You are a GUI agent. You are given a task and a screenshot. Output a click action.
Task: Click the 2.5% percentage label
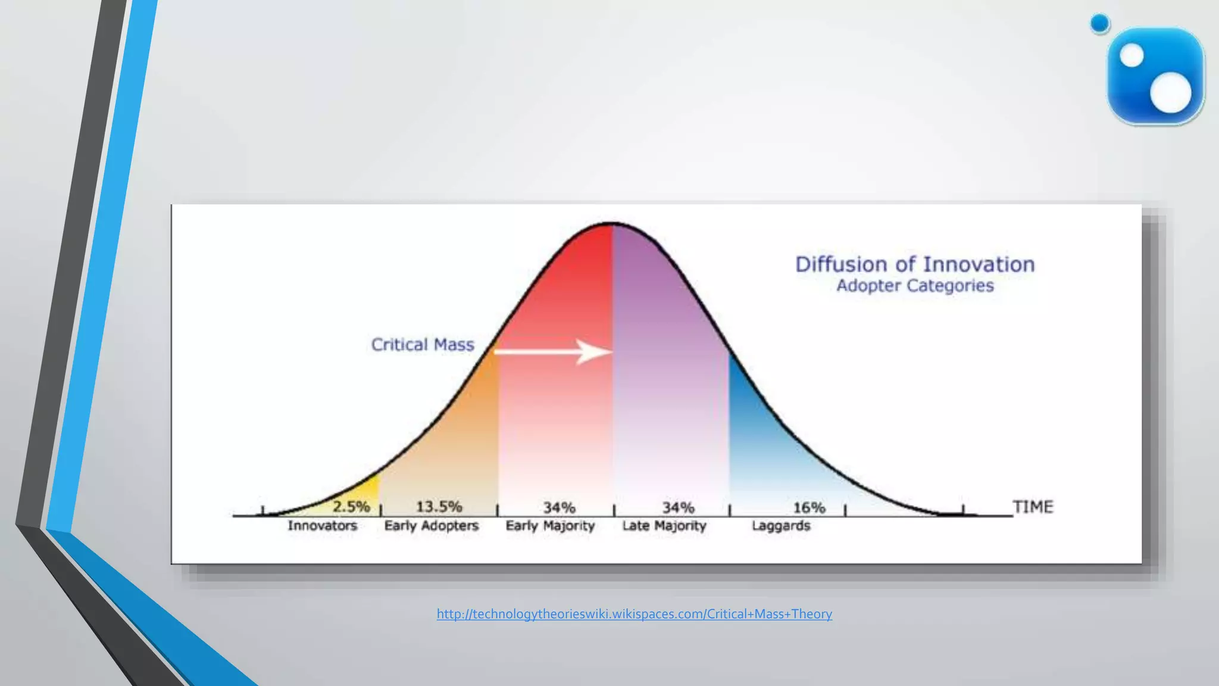(x=351, y=507)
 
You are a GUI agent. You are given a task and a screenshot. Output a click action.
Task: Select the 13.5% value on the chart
(x=439, y=507)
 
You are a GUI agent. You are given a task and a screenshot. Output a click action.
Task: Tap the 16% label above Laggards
(x=809, y=508)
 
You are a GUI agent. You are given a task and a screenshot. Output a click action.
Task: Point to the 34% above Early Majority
(x=559, y=508)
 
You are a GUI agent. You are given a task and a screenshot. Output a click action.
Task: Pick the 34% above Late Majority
(x=678, y=508)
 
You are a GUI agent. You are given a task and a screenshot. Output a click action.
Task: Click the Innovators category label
(x=322, y=526)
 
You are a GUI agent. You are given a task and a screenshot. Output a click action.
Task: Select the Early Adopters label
(x=432, y=526)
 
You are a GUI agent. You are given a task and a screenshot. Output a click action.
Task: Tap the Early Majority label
(x=550, y=526)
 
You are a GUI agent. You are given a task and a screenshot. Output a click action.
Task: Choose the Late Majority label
(x=664, y=526)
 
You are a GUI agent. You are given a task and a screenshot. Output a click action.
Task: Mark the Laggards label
(x=781, y=526)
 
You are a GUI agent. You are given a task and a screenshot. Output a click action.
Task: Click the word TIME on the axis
(x=1033, y=507)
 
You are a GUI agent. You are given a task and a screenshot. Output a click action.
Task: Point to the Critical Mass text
(x=423, y=345)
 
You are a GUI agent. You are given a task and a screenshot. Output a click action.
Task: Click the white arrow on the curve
(x=554, y=352)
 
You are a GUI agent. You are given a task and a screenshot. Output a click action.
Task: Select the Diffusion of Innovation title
(x=915, y=264)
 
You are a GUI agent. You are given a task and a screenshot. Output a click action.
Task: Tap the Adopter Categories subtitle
(x=915, y=286)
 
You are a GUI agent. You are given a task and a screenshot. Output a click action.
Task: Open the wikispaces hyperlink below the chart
(x=634, y=614)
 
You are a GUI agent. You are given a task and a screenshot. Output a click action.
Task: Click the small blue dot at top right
(x=1100, y=24)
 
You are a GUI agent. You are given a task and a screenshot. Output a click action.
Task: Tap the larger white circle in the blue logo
(x=1170, y=92)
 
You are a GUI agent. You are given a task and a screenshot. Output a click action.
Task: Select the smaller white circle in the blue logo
(x=1132, y=57)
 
